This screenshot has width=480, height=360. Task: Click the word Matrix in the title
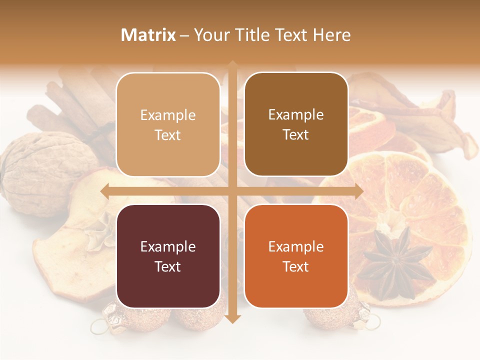[x=148, y=35]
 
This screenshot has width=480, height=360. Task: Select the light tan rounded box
[x=168, y=124]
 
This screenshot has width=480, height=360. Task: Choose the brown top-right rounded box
[x=296, y=124]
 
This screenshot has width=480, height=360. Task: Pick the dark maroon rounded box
[x=168, y=256]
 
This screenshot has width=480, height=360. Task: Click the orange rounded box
[x=296, y=256]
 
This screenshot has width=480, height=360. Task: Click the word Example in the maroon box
[x=168, y=246]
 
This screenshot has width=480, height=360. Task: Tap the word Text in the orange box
[x=296, y=266]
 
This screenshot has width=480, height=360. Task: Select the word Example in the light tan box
[x=168, y=115]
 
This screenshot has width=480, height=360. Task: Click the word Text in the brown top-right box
[x=296, y=135]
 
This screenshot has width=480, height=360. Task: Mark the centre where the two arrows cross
[x=232, y=191]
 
